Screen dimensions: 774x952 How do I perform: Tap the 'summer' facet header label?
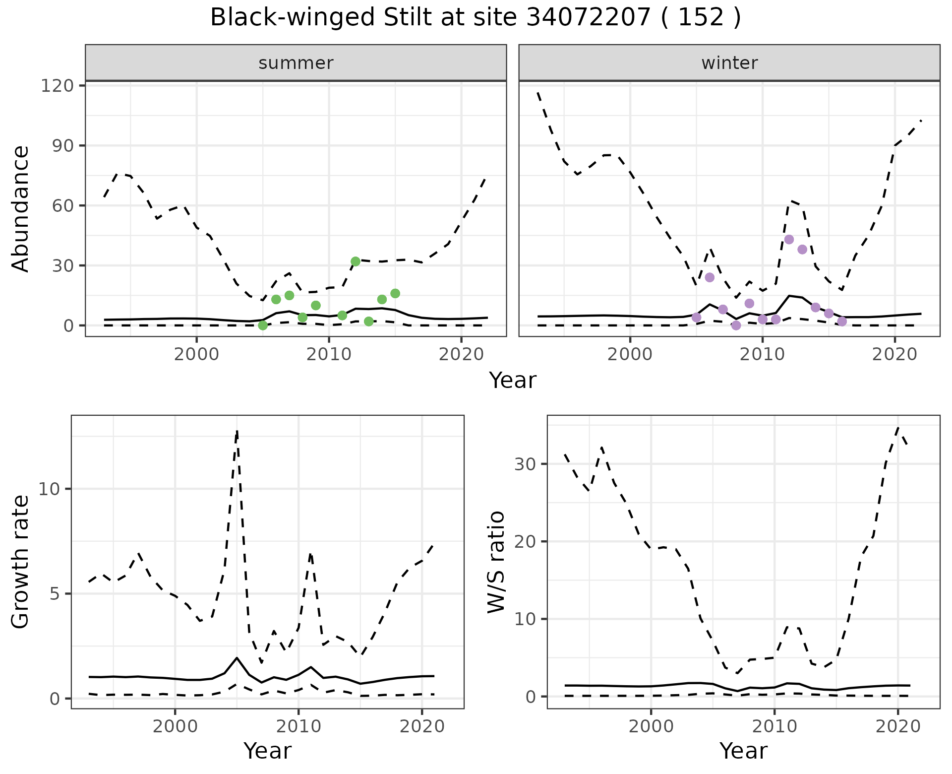(296, 63)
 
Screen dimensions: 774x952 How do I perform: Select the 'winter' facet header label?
(729, 63)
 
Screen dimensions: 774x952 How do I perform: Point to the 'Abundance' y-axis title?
(21, 208)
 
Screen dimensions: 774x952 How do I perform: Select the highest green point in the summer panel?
(356, 261)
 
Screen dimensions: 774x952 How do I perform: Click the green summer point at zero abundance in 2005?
(263, 325)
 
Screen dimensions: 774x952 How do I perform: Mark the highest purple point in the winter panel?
(789, 240)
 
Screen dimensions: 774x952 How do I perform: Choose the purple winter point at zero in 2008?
(736, 325)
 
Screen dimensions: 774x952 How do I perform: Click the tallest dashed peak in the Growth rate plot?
(237, 432)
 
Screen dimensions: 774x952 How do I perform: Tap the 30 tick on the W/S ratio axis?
(526, 464)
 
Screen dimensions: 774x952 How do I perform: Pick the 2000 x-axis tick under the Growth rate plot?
(175, 726)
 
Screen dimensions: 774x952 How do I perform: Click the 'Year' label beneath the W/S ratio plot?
(743, 751)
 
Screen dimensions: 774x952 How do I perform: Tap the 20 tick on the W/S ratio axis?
(526, 542)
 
